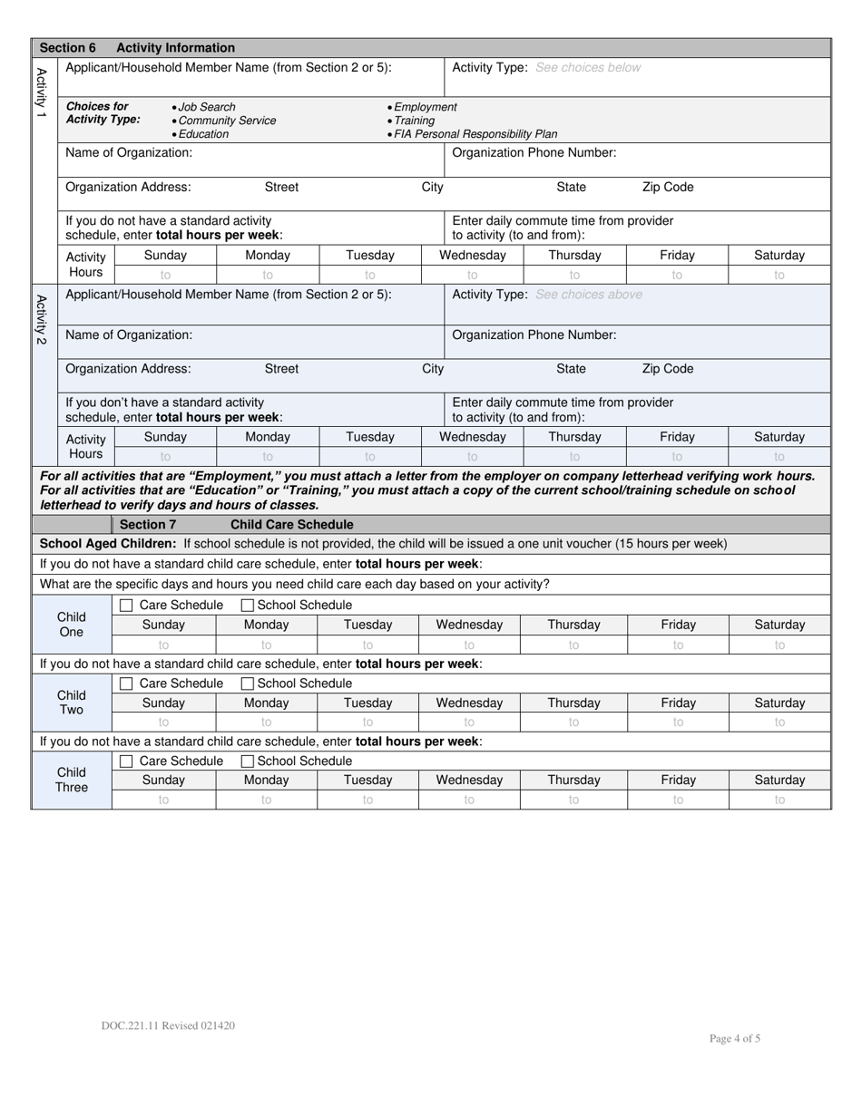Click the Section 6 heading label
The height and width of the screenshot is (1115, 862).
(68, 48)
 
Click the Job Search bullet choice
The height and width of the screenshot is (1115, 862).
(206, 107)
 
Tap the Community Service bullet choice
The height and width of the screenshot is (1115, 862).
(226, 121)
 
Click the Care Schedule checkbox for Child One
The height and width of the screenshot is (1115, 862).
(127, 606)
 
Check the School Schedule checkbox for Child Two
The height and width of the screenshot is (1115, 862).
(248, 684)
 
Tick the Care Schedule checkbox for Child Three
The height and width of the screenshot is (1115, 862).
(127, 761)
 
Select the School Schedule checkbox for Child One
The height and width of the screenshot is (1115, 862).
(248, 606)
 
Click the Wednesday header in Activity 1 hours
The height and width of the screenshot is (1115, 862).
(473, 256)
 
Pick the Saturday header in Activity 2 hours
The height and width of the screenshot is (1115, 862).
(779, 437)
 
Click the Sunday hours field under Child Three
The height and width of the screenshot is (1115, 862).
(163, 800)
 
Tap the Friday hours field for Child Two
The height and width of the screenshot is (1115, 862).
(678, 722)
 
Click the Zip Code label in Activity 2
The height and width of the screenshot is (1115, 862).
(668, 369)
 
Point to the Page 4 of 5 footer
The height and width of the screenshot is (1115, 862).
(735, 1039)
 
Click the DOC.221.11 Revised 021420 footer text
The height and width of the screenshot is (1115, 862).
(169, 1025)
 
